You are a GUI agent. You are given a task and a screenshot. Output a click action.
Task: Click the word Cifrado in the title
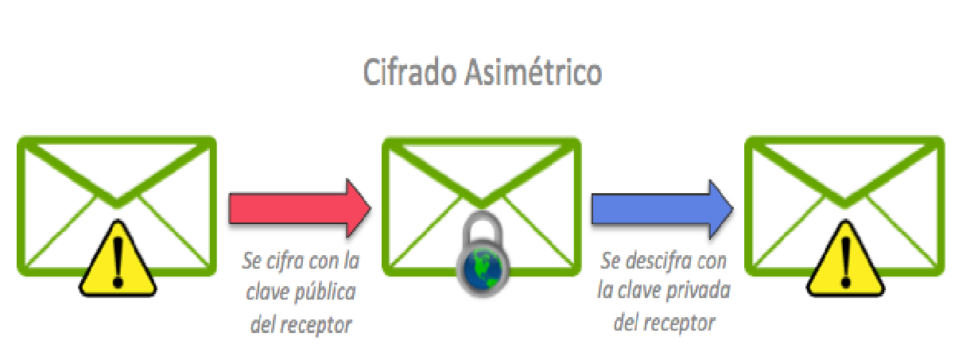[x=409, y=72]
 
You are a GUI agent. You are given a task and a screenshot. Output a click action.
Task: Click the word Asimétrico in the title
[x=534, y=72]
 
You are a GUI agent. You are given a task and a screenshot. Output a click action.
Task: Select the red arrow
[x=300, y=209]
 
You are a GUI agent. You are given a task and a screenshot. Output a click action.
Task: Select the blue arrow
[x=662, y=209]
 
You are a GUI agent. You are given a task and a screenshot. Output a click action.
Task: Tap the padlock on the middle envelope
[x=483, y=255]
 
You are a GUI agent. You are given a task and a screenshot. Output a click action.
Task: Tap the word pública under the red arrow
[x=325, y=292]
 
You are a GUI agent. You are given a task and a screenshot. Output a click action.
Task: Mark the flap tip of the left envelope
[x=117, y=203]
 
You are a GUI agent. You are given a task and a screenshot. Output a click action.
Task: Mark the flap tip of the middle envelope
[x=482, y=203]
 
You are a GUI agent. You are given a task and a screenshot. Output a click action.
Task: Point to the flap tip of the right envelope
[x=844, y=203]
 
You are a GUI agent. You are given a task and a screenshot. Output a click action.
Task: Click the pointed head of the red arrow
[x=371, y=209]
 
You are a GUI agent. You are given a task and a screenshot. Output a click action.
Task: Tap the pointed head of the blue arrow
[x=734, y=209]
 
